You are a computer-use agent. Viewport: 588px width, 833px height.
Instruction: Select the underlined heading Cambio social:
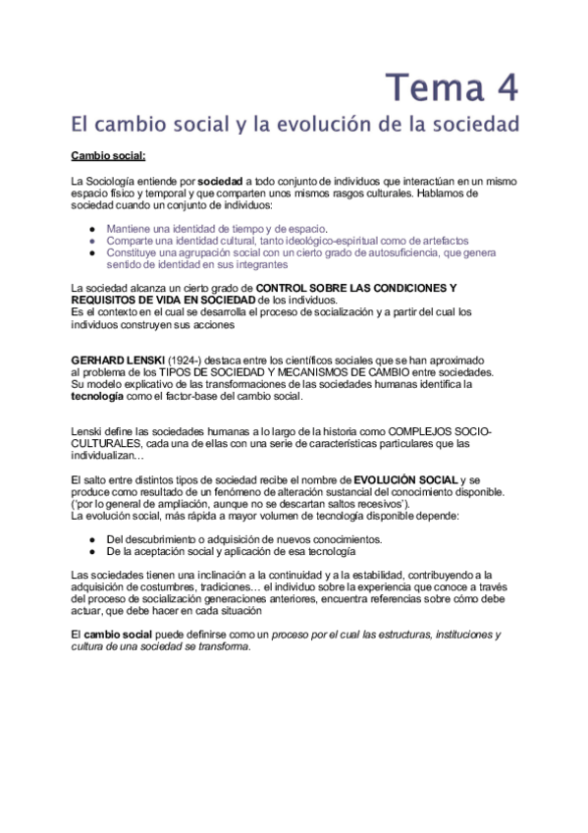point(108,155)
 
